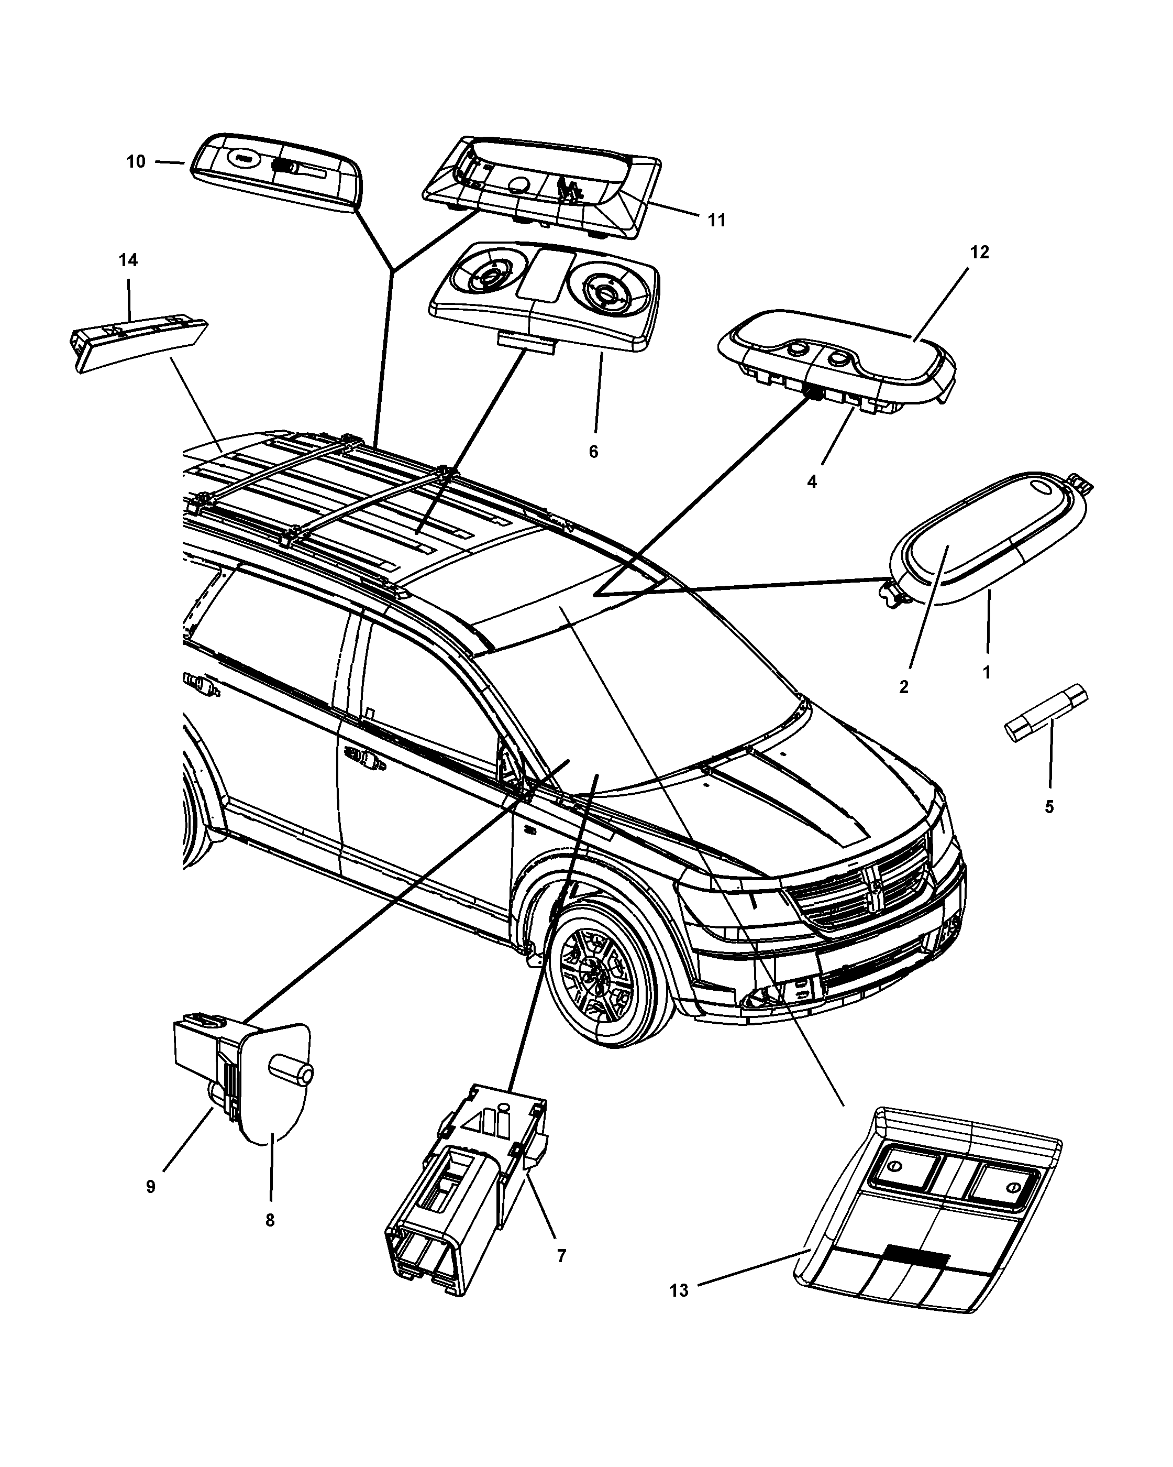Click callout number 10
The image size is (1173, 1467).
(136, 162)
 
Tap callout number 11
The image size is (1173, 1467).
(717, 221)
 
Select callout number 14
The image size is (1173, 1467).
(128, 260)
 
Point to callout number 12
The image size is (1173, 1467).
(979, 253)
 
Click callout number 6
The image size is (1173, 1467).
(594, 452)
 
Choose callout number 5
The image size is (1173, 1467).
(1049, 807)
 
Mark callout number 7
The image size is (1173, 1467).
(561, 1256)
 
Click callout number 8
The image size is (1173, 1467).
(270, 1221)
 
